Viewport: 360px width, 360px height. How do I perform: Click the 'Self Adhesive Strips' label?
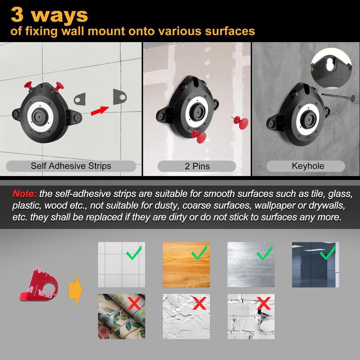[71, 166]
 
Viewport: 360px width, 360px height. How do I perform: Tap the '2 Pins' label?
[197, 166]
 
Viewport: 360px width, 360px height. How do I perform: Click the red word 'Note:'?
[24, 194]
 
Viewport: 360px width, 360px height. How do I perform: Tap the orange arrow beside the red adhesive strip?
[76, 290]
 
